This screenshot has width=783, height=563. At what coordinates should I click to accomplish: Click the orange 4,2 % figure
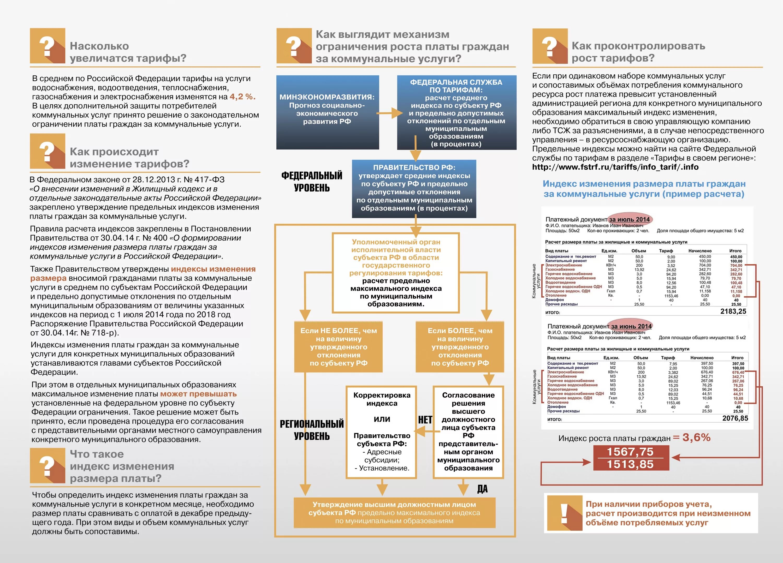pyautogui.click(x=242, y=97)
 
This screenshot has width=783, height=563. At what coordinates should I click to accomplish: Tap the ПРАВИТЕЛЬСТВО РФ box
pyautogui.click(x=414, y=188)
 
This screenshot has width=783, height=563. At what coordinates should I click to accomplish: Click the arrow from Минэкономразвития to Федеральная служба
pyautogui.click(x=389, y=113)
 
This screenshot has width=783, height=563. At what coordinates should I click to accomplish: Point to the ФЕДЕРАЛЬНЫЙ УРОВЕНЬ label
pyautogui.click(x=311, y=182)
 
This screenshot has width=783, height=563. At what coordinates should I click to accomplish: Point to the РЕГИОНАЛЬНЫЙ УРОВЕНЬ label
pyautogui.click(x=311, y=430)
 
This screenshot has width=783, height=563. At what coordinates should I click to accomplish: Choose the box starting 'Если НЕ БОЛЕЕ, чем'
pyautogui.click(x=338, y=346)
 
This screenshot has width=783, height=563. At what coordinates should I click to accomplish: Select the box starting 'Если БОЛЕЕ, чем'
pyautogui.click(x=460, y=346)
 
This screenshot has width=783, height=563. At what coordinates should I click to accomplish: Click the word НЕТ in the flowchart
pyautogui.click(x=425, y=420)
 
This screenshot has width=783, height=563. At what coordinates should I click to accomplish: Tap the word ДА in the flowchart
pyautogui.click(x=482, y=489)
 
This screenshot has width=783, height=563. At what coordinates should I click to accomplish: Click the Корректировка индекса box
pyautogui.click(x=382, y=432)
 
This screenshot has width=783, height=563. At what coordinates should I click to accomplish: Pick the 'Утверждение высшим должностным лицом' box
pyautogui.click(x=394, y=513)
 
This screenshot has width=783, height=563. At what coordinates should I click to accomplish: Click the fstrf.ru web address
pyautogui.click(x=615, y=167)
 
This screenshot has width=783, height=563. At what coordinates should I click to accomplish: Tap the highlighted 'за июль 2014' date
pyautogui.click(x=629, y=219)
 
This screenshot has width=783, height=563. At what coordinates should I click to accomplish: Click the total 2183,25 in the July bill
pyautogui.click(x=733, y=311)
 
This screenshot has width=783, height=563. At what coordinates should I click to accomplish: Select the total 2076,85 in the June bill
pyautogui.click(x=735, y=418)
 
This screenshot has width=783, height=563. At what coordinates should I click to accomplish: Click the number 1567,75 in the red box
pyautogui.click(x=630, y=452)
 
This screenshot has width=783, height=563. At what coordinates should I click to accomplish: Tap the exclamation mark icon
pyautogui.click(x=564, y=513)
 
